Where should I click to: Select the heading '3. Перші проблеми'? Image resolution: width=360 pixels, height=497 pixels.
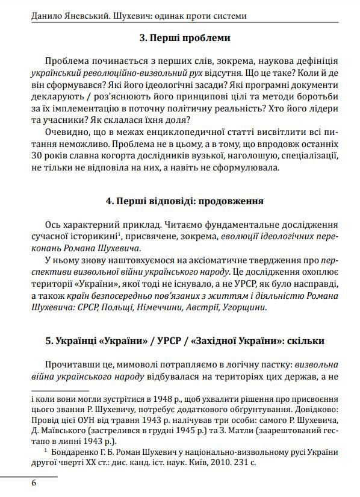coord(184,38)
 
